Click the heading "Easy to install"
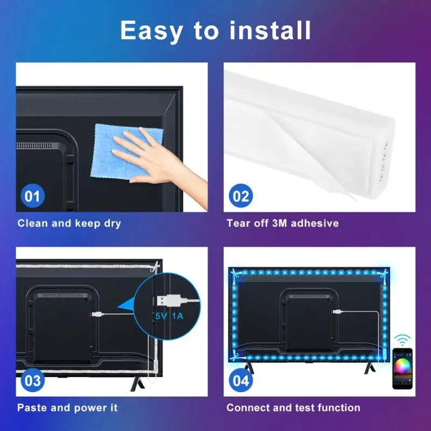215,31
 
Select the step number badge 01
32,196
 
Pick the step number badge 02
241,196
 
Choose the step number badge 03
32,381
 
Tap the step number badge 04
241,381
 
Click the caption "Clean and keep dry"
69,223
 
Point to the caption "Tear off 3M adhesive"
282,223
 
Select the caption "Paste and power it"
67,408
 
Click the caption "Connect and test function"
293,408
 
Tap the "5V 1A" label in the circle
169,316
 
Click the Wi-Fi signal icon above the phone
402,340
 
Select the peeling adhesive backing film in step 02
302,156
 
